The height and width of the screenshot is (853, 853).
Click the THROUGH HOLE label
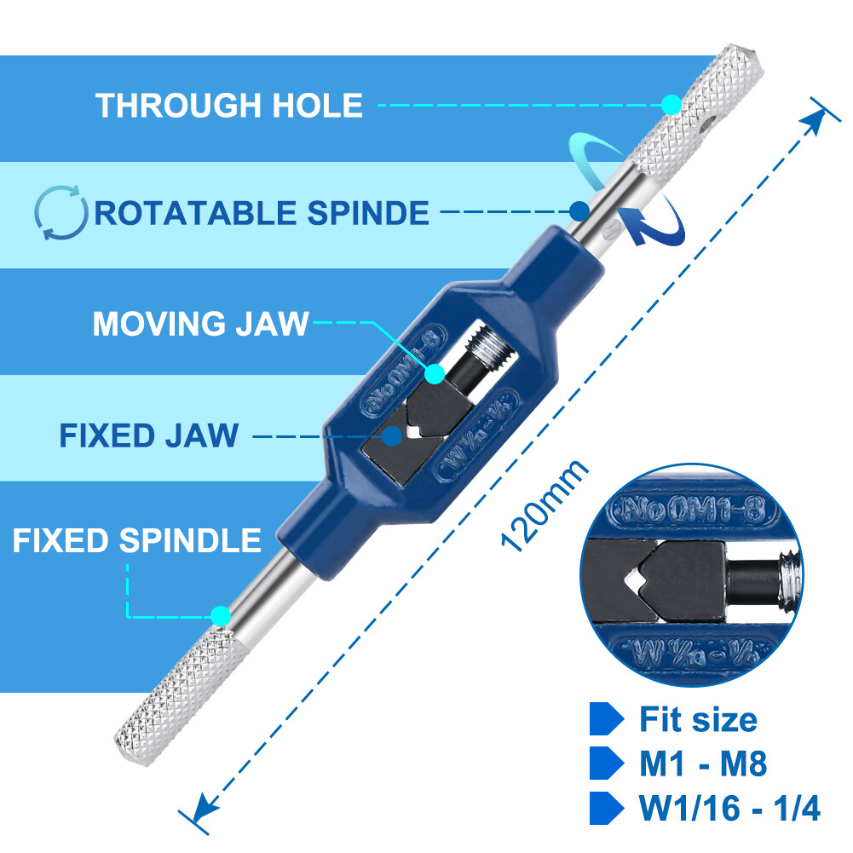click(228, 106)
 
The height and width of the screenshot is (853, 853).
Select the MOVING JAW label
click(200, 324)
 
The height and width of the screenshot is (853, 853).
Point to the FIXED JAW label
click(149, 435)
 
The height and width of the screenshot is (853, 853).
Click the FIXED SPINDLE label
click(136, 540)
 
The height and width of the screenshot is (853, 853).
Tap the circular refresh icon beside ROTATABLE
click(61, 212)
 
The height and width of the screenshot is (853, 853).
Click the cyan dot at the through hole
click(671, 106)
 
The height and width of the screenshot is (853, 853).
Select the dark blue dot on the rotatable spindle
click(579, 210)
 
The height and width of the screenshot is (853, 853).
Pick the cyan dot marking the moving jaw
click(435, 373)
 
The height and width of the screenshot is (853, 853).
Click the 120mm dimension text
click(544, 506)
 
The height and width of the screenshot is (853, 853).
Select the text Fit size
click(698, 720)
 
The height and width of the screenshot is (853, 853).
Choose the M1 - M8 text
click(703, 764)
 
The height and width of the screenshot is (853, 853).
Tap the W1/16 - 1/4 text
click(729, 808)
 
